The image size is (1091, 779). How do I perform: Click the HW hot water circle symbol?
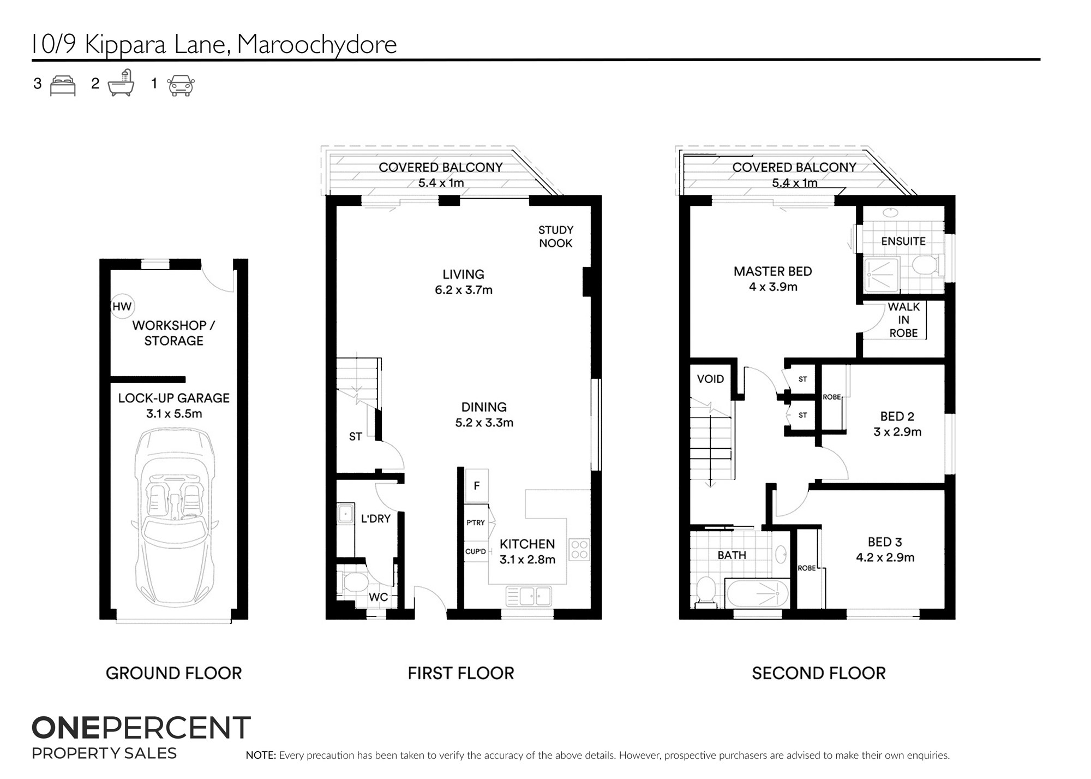(122, 307)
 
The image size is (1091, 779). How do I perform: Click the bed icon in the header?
(63, 86)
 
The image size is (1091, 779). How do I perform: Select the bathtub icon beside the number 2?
(121, 83)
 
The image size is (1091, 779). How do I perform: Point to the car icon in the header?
(181, 86)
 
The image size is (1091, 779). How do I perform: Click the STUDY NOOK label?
(556, 237)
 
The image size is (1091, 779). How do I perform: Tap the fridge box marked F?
(476, 486)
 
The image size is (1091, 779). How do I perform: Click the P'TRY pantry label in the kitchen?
(476, 522)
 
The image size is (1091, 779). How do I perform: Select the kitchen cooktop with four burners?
(579, 549)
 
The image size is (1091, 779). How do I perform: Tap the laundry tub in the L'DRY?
(344, 514)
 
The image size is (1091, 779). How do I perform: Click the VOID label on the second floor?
(710, 379)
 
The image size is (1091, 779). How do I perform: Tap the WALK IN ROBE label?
(904, 320)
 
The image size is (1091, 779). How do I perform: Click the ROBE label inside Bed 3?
(807, 568)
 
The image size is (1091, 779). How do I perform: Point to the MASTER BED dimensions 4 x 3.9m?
(773, 287)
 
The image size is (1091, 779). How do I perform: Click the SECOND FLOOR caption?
(819, 673)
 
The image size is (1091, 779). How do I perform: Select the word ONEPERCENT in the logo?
(141, 728)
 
